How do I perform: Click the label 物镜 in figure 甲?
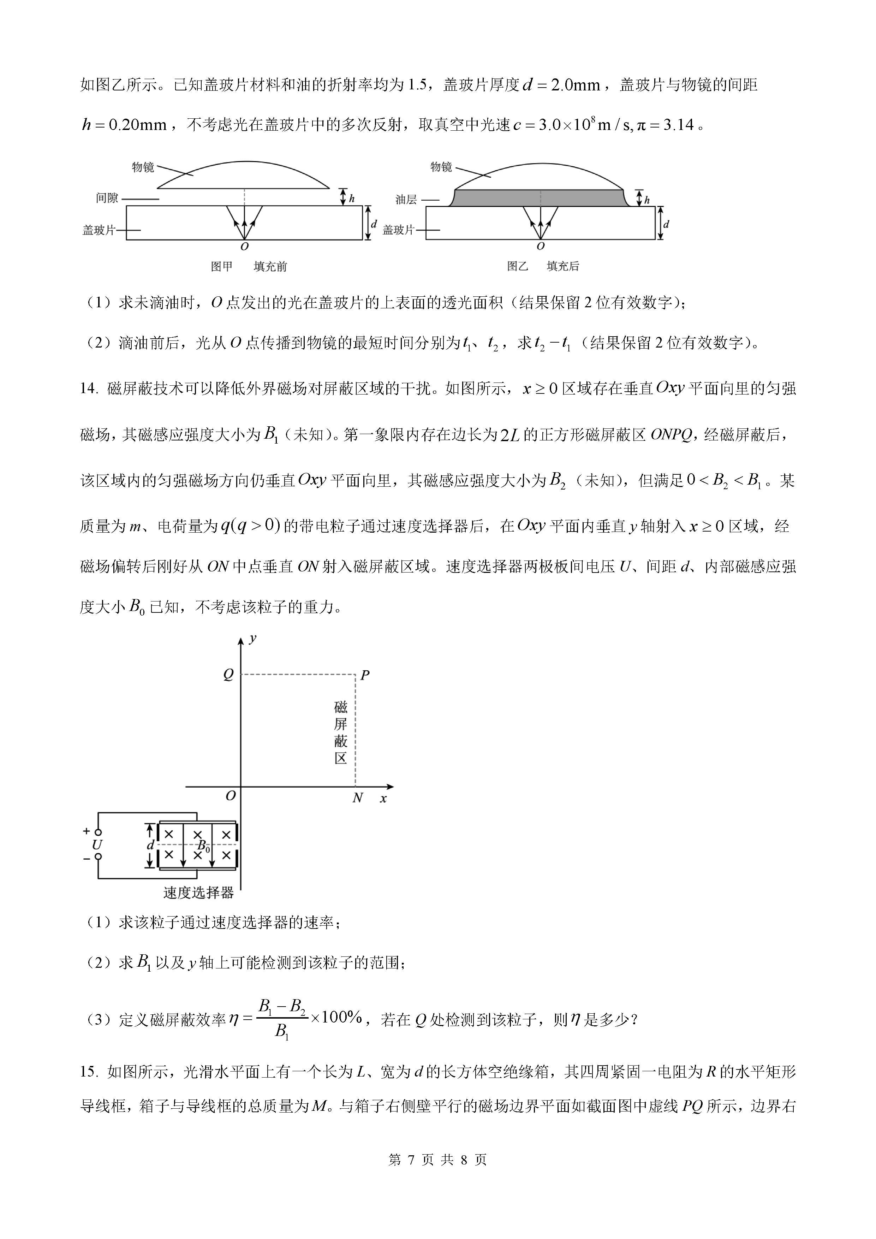pyautogui.click(x=143, y=167)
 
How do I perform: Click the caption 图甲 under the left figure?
pyautogui.click(x=222, y=267)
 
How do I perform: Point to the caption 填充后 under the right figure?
pyautogui.click(x=562, y=267)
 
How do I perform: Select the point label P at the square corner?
pyautogui.click(x=365, y=675)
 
